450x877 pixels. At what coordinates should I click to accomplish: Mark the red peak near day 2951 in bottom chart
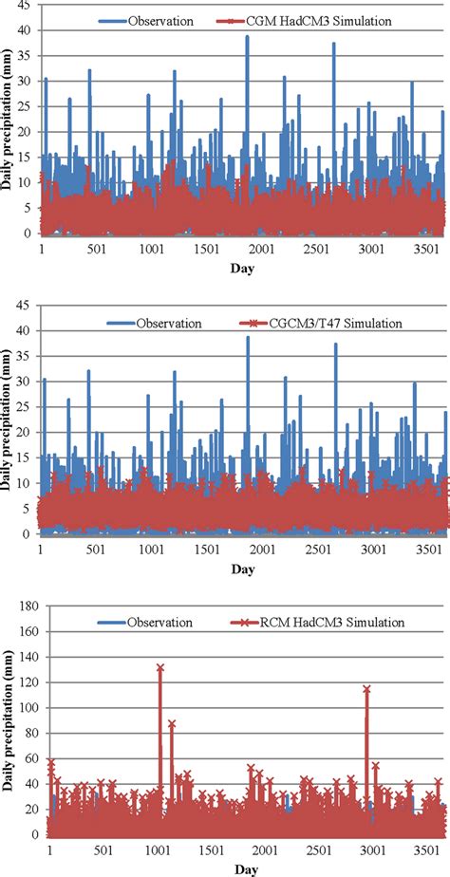[366, 690]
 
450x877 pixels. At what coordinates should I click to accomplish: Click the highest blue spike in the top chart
[248, 37]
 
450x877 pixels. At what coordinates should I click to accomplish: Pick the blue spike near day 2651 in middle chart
[335, 345]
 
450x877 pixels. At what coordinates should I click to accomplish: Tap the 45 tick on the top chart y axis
[28, 6]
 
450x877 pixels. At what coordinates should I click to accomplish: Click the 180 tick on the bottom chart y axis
[24, 607]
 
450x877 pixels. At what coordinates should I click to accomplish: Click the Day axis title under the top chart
[241, 268]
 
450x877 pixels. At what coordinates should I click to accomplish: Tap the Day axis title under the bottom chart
[241, 868]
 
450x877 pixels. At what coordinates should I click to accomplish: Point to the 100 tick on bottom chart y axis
[24, 708]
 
